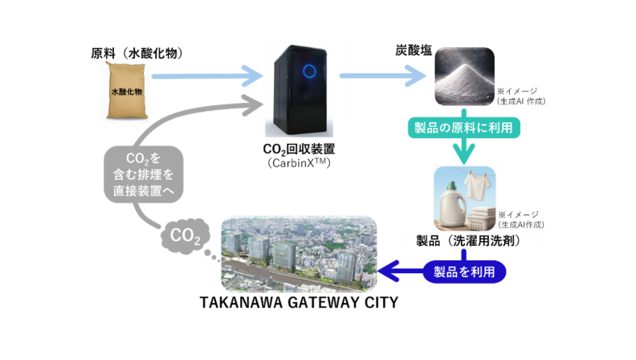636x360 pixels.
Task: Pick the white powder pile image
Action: click(465, 83)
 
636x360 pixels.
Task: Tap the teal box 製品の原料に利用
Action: click(459, 127)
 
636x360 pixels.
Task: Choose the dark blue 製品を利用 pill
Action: click(464, 272)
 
